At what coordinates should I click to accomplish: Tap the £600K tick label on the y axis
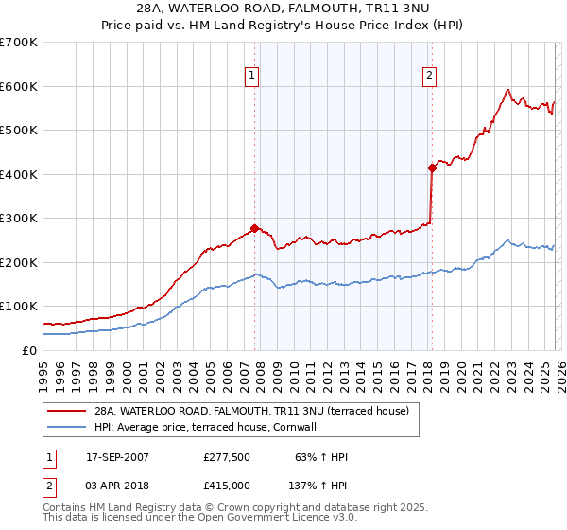click(19, 86)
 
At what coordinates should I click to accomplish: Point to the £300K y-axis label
click(19, 219)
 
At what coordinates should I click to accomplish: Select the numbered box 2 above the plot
click(430, 77)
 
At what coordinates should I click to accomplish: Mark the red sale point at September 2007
click(254, 228)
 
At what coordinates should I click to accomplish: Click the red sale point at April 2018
click(431, 168)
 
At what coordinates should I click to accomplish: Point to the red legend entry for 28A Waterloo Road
click(250, 411)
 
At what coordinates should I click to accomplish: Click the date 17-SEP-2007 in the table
click(117, 457)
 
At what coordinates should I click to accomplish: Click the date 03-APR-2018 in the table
click(117, 485)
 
